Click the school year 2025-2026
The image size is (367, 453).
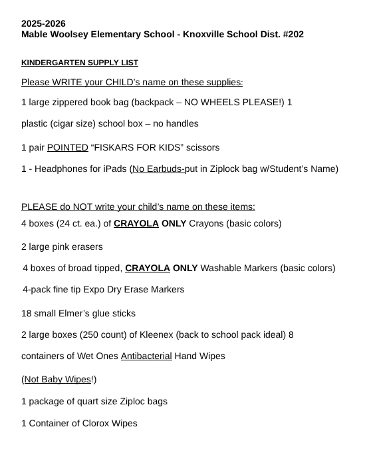pos(43,23)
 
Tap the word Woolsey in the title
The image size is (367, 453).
pos(75,33)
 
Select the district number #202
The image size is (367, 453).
pos(290,33)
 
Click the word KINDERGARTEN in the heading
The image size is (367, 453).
pos(50,63)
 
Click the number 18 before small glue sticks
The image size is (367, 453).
pos(27,313)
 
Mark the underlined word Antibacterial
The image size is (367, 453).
pos(146,356)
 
